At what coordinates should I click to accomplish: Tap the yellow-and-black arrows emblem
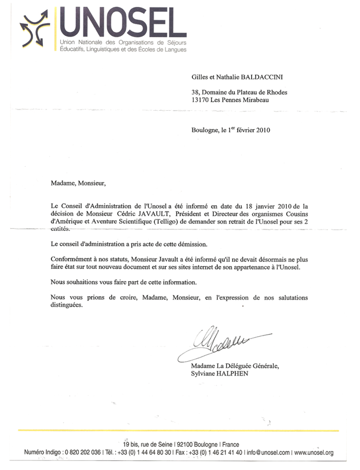(x=37, y=30)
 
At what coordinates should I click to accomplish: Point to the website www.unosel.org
(x=322, y=451)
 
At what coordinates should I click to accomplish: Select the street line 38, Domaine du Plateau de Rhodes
(x=239, y=92)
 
